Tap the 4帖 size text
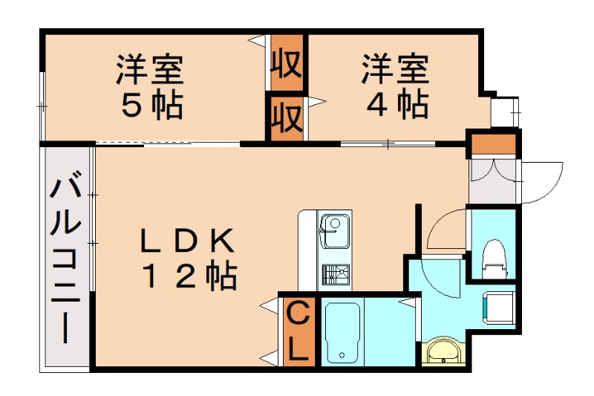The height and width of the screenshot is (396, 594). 396,105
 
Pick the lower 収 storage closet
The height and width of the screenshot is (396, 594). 286,117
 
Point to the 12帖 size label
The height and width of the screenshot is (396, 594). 189,277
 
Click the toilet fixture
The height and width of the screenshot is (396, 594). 492,256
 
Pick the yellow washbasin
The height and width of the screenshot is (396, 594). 443,351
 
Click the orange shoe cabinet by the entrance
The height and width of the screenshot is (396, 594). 492,143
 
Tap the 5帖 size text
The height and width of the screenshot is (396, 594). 152,106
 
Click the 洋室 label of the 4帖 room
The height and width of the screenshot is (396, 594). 395,71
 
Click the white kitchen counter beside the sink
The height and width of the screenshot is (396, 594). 308,253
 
